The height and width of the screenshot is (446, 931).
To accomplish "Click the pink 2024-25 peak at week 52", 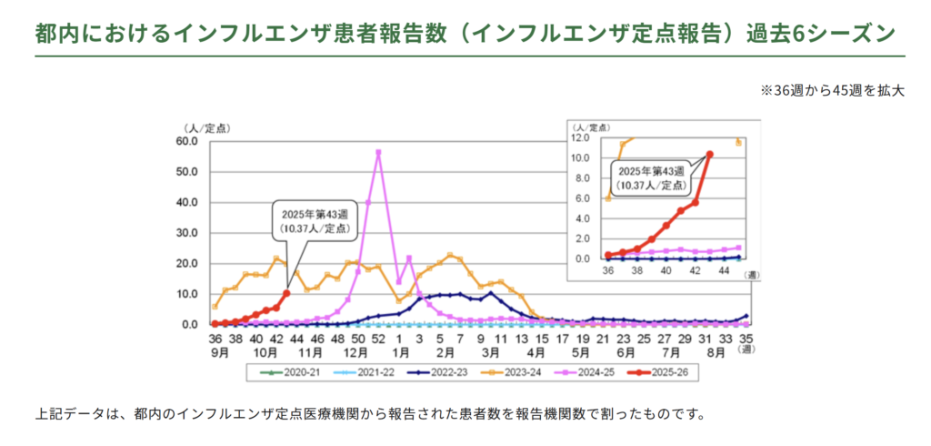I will coord(378,152).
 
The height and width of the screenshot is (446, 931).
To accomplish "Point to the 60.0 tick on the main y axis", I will coord(186,141).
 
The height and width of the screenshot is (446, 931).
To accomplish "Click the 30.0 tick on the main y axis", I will coord(186,233).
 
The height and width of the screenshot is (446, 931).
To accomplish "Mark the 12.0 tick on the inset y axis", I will coord(584,138).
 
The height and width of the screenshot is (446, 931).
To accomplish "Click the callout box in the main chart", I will coord(314,221).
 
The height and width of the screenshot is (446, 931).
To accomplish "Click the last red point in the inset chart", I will coord(709,155).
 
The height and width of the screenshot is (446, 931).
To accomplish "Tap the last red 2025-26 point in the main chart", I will coord(286,293).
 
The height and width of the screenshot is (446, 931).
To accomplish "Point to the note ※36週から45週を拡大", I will coord(832,91).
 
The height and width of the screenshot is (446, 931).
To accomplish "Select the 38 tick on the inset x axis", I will coord(636,271).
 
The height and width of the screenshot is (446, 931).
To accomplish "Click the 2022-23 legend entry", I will coord(443,372).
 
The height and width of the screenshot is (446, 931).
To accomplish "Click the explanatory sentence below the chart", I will coord(370,414).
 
